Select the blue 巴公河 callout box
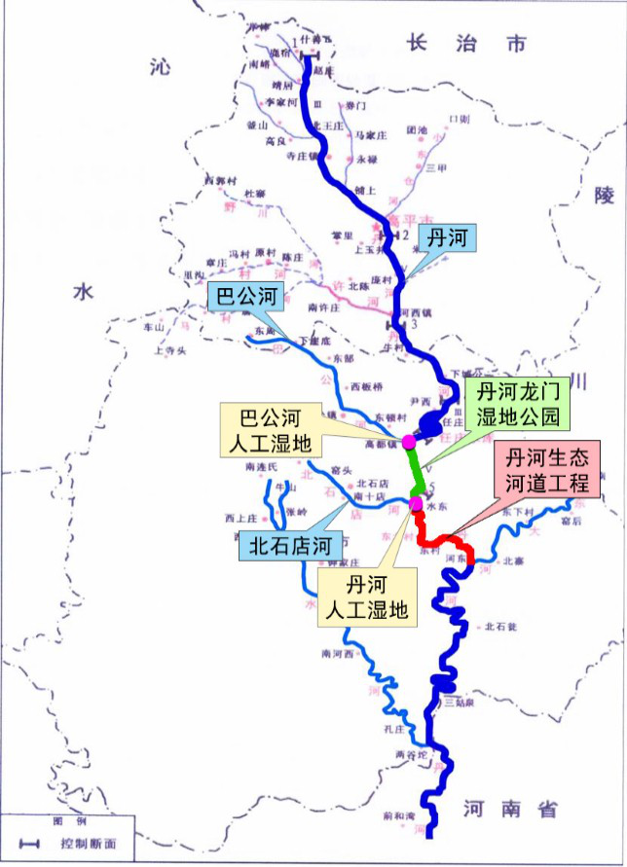[x=243, y=297]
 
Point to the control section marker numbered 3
[x=395, y=323]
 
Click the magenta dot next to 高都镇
[x=409, y=442]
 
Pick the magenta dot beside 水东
[x=416, y=503]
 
